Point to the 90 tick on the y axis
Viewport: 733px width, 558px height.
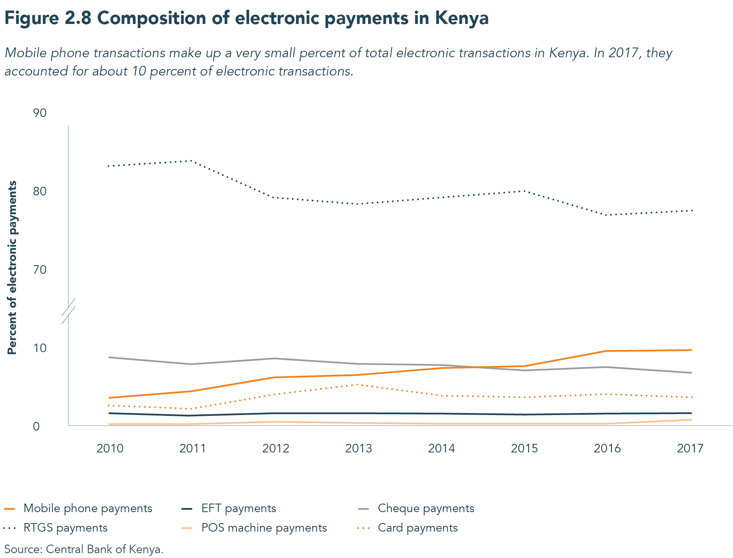[x=40, y=113]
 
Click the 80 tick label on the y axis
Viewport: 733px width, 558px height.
[x=40, y=191]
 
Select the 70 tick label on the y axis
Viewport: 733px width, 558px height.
[x=40, y=270]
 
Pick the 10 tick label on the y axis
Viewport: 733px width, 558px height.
[x=40, y=348]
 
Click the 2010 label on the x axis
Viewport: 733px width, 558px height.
[x=110, y=448]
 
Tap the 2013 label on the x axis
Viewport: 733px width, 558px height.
[x=358, y=448]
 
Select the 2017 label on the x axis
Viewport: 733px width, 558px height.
[x=690, y=448]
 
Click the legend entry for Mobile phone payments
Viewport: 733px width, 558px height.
[x=87, y=508]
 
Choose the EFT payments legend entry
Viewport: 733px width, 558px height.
[x=239, y=508]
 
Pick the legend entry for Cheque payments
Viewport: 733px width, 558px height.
[x=425, y=508]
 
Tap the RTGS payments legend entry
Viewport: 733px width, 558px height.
[x=65, y=528]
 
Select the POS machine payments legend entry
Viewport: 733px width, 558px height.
[x=264, y=528]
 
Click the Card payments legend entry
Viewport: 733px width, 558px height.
[x=417, y=528]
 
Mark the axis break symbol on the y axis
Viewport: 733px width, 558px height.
[x=69, y=311]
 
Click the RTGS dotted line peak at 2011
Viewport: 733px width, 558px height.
[x=190, y=161]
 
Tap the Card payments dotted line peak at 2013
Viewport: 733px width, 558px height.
[x=357, y=384]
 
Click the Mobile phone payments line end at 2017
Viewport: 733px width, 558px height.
[x=690, y=350]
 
